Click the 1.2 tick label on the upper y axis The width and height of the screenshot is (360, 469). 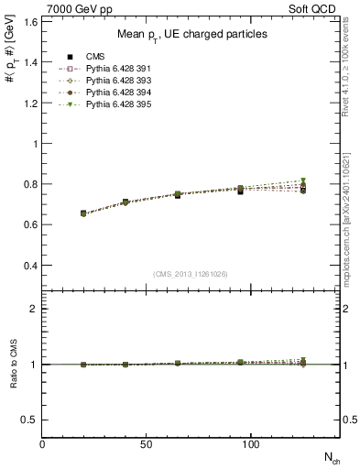point(31,104)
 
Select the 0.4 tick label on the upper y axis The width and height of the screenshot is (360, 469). point(31,266)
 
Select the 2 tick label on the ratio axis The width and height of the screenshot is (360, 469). point(35,309)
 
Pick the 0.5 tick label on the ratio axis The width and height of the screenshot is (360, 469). point(31,420)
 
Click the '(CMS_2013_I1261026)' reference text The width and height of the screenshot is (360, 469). point(191,273)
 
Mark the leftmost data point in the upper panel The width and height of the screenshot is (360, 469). point(83,213)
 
